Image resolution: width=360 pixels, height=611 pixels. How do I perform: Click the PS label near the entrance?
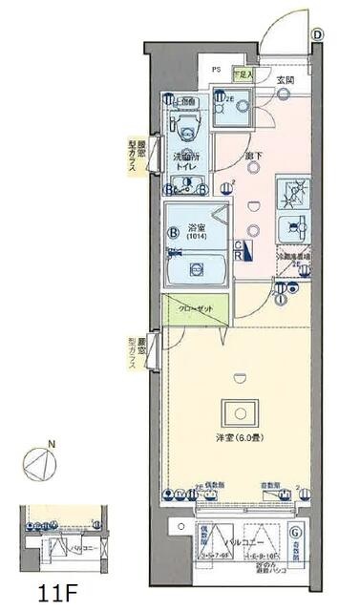[216, 70]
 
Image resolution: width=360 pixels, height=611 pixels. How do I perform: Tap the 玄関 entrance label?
[285, 80]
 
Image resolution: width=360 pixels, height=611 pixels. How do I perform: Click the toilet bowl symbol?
[186, 128]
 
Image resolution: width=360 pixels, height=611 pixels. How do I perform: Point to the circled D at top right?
[317, 33]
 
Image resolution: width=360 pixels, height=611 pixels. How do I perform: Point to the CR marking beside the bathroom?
[239, 250]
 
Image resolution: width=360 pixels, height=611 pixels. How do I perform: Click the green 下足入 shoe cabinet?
[244, 73]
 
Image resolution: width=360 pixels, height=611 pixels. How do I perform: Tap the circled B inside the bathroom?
[174, 230]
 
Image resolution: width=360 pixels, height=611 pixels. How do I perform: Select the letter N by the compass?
[52, 444]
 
